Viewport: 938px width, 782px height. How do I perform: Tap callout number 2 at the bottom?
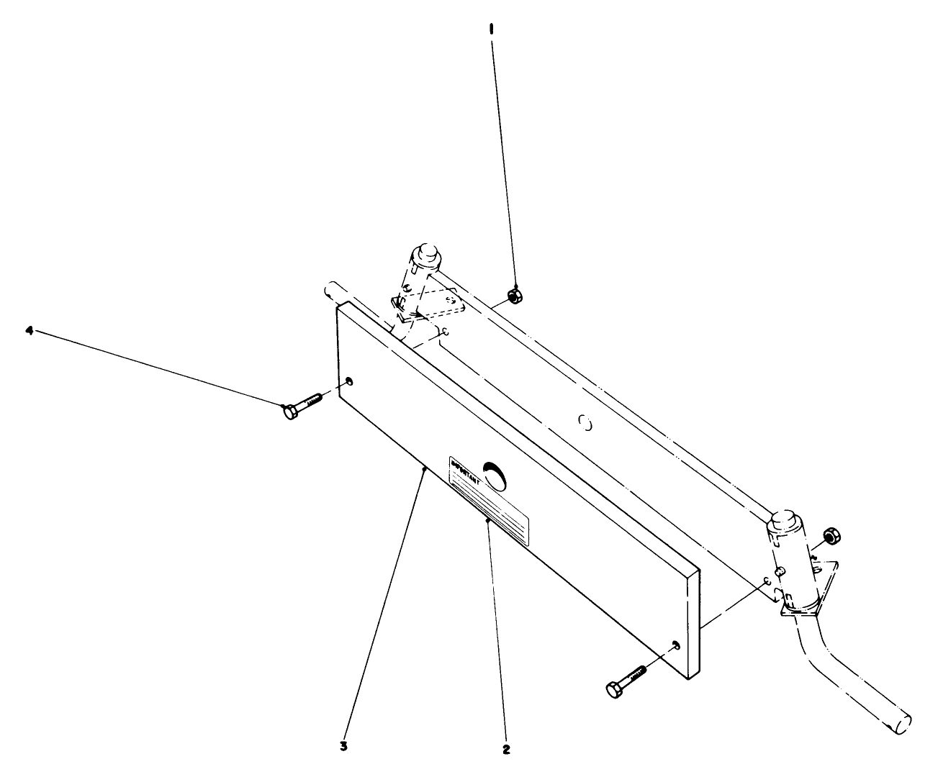tap(506, 749)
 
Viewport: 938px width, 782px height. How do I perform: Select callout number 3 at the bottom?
tap(344, 746)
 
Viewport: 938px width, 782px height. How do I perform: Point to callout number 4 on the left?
tap(30, 330)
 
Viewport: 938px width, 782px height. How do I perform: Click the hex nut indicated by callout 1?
tap(514, 294)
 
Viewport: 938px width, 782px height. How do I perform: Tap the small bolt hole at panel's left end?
tap(349, 381)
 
